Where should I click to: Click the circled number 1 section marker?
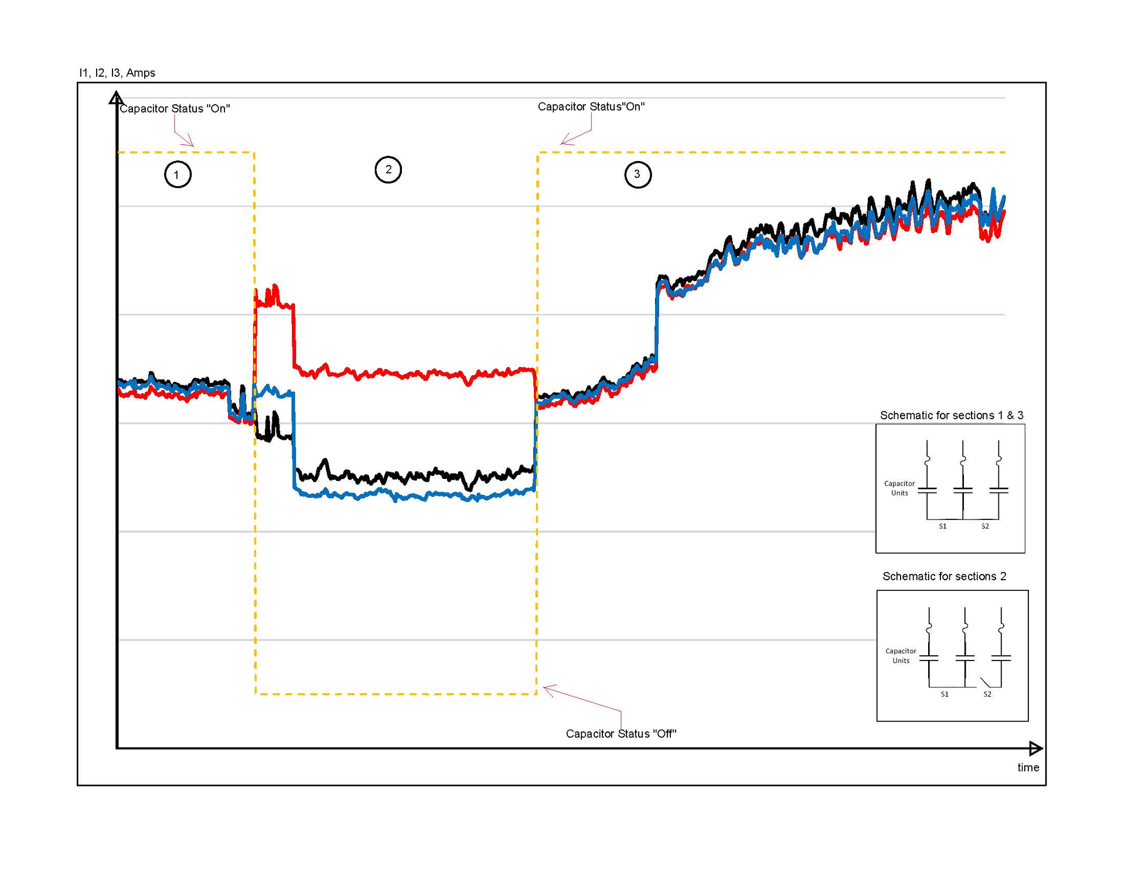(178, 175)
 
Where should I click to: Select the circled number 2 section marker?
(388, 170)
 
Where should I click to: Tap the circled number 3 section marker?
(637, 175)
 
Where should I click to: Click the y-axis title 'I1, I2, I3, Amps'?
(117, 73)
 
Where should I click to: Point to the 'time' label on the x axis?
(1028, 767)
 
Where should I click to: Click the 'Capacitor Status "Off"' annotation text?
(621, 734)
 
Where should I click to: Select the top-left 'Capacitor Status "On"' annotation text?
(175, 108)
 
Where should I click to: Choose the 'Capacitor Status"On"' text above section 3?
(591, 107)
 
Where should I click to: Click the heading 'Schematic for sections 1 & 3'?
(951, 415)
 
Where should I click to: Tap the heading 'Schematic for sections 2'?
(944, 576)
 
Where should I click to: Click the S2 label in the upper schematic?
(985, 526)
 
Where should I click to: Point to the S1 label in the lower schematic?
(945, 694)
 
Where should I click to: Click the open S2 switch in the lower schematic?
(986, 682)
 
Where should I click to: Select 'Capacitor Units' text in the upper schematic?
(899, 488)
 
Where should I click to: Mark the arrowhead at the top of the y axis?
(117, 98)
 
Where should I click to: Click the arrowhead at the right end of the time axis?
(1035, 748)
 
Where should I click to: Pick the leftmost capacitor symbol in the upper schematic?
(927, 490)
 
